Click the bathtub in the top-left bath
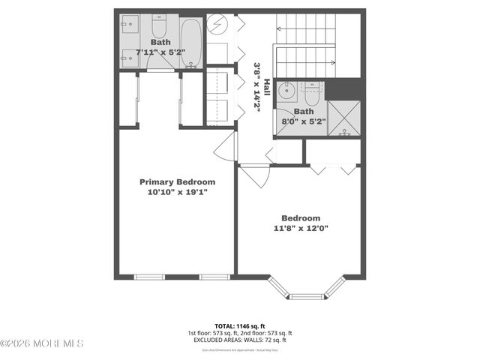190,42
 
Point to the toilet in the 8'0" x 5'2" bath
311,94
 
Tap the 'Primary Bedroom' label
177,181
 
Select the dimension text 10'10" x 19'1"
177,192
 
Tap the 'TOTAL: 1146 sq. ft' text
240,325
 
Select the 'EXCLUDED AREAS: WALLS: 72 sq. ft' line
240,340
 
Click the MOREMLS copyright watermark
42,343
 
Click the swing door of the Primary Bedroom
225,146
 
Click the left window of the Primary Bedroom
149,277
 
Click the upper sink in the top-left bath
127,22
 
